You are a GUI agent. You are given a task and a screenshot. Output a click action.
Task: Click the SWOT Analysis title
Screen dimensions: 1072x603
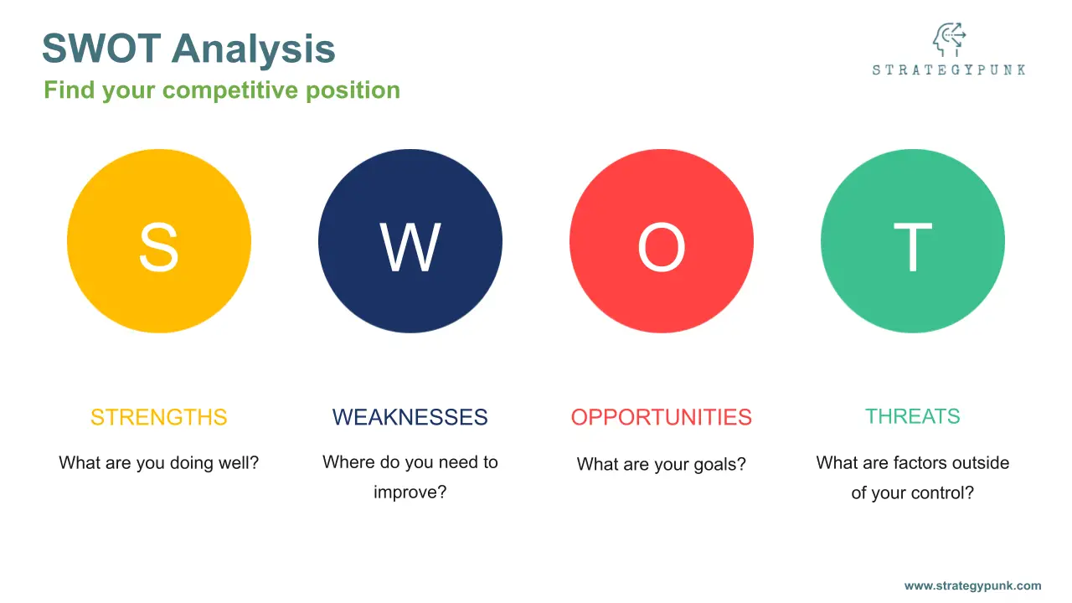(x=188, y=49)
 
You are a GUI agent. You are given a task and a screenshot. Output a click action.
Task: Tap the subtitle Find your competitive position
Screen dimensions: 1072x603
(x=222, y=90)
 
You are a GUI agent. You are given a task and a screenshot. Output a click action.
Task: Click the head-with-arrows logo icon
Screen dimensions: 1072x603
(x=949, y=39)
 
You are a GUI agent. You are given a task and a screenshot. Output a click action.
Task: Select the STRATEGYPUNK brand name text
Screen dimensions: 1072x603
(x=949, y=70)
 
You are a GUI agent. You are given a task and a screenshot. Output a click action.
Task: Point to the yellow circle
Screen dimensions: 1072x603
(x=159, y=240)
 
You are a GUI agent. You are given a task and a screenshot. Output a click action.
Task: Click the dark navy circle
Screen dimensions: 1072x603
(x=410, y=240)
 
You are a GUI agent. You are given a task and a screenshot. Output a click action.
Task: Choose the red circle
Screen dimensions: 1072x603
(x=662, y=240)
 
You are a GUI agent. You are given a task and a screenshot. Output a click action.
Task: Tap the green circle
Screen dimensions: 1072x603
(x=913, y=240)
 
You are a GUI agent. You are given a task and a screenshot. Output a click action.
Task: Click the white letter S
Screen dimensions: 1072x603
(x=159, y=247)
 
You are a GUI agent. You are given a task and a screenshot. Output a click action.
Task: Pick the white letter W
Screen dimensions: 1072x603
(x=410, y=247)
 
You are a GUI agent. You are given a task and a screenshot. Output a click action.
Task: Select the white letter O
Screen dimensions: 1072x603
(x=662, y=247)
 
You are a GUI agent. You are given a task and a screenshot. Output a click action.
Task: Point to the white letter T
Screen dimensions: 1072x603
(x=913, y=247)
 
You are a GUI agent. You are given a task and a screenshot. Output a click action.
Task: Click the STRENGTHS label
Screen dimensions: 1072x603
(x=159, y=417)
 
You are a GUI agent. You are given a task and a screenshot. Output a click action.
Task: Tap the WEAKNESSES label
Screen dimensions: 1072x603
(x=410, y=417)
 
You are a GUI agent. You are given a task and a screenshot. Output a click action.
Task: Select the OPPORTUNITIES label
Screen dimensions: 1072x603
(x=662, y=417)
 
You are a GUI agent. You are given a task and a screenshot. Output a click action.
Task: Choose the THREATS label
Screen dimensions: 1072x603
(x=913, y=416)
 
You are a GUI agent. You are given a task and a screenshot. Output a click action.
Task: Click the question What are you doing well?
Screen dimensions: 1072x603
(x=159, y=463)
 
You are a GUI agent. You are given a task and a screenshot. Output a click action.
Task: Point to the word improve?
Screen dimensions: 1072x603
(x=410, y=492)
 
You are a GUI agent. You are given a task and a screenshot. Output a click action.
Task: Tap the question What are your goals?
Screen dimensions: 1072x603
(x=662, y=464)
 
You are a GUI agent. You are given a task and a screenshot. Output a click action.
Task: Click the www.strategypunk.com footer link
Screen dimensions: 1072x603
(x=973, y=585)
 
